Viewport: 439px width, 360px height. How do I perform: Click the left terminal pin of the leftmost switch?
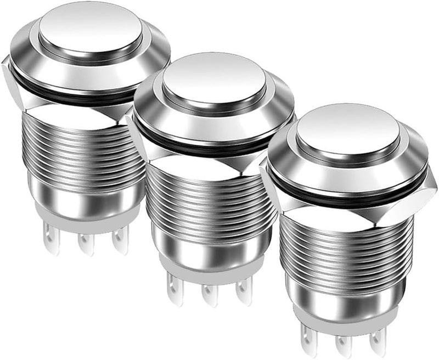point(50,241)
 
